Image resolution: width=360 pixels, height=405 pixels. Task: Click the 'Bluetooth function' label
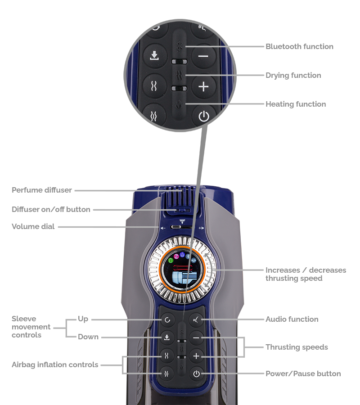point(299,47)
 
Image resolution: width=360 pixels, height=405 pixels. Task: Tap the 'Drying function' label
point(293,76)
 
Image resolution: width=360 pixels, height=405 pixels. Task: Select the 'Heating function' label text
point(295,104)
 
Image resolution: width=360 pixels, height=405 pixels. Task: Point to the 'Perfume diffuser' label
point(41,190)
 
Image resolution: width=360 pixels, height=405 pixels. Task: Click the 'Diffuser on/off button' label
point(51,210)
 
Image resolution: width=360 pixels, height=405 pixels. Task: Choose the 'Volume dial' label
point(33,227)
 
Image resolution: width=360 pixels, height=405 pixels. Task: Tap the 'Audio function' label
point(292,319)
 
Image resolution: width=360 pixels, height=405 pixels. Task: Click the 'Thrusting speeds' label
point(297,347)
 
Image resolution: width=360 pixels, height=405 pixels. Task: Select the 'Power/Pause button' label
point(303,374)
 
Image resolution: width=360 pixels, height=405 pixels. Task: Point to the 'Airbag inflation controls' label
point(55,365)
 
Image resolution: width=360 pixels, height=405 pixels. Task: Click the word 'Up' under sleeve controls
point(83,319)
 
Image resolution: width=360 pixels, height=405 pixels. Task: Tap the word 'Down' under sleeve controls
point(88,337)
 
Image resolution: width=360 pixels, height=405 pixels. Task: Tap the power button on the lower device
point(196,373)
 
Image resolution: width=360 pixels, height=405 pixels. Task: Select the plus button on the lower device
point(196,356)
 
